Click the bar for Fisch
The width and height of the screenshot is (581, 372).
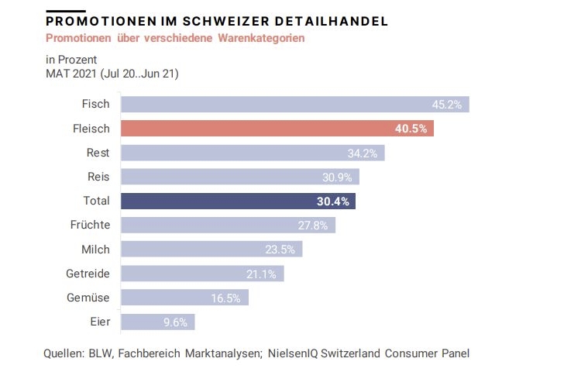(294, 105)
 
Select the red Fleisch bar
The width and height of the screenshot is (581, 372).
(277, 129)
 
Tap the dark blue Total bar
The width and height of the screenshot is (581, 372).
(238, 201)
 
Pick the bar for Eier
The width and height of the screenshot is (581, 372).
(158, 322)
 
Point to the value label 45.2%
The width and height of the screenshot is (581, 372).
(447, 105)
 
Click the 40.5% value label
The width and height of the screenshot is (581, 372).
(411, 129)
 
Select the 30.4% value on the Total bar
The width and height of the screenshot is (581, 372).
(333, 201)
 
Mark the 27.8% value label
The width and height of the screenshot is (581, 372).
(312, 226)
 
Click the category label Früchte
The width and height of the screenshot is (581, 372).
(90, 225)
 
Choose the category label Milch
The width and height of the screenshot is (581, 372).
(95, 249)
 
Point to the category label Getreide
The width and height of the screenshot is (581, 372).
(88, 273)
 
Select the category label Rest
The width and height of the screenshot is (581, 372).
(97, 153)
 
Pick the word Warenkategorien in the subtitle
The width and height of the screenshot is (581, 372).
(261, 37)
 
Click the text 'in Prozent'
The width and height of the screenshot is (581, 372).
(71, 60)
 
